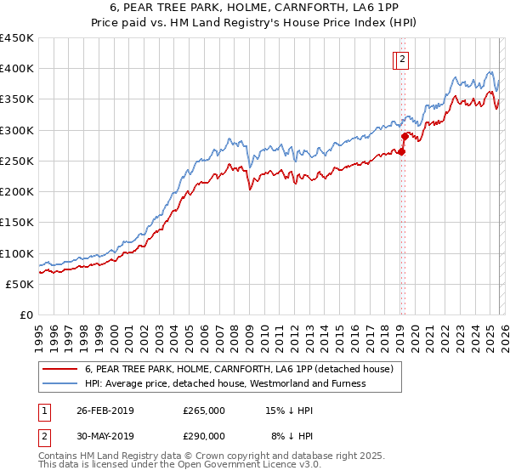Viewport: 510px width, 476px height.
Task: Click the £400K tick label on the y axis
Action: click(x=17, y=69)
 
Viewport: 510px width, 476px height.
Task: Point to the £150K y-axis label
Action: click(x=17, y=223)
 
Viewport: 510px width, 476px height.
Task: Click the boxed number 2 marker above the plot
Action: click(x=401, y=59)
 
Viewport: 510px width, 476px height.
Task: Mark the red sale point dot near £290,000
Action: click(x=405, y=136)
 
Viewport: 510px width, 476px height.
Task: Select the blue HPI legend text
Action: click(x=225, y=383)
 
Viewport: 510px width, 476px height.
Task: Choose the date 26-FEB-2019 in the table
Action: click(x=105, y=411)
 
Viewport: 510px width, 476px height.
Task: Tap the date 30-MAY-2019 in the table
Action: click(x=105, y=436)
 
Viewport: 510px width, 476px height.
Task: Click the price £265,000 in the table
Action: click(x=204, y=411)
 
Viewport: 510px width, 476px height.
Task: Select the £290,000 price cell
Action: click(x=204, y=436)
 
